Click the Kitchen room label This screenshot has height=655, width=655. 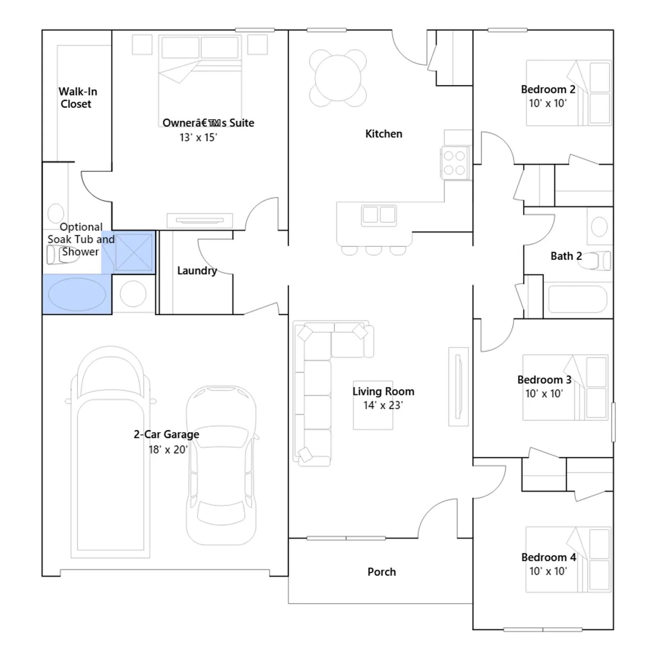(x=384, y=134)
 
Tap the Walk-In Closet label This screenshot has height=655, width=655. (x=77, y=97)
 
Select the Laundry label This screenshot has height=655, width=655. (x=197, y=271)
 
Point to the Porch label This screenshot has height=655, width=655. (x=382, y=572)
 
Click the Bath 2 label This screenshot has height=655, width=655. (x=566, y=256)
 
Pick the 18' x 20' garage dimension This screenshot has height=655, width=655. (x=168, y=449)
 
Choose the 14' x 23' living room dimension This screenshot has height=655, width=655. (x=383, y=405)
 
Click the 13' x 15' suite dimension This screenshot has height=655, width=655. (x=198, y=138)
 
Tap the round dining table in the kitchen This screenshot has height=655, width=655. (x=338, y=78)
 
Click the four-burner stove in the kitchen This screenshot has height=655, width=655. (x=455, y=163)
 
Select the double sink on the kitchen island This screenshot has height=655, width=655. (x=379, y=215)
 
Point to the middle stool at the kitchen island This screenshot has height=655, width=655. (x=373, y=250)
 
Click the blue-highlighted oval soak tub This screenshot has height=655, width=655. (x=77, y=294)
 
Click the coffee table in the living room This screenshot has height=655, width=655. (x=373, y=405)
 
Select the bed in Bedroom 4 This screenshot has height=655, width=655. (x=568, y=559)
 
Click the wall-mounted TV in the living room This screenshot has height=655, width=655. (x=458, y=386)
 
